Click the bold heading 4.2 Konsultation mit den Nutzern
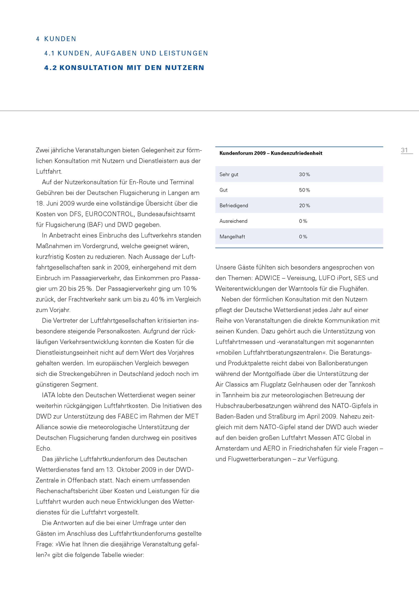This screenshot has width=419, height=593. (x=124, y=68)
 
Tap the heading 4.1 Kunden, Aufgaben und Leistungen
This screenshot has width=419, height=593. (x=126, y=53)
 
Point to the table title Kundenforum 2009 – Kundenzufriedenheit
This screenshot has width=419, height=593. (x=271, y=153)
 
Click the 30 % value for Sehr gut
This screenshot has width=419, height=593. (x=304, y=174)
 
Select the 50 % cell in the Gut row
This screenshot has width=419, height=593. (x=304, y=190)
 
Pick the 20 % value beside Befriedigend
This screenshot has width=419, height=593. (x=304, y=206)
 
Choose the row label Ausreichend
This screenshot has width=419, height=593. (x=233, y=221)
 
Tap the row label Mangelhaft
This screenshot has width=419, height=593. (x=232, y=237)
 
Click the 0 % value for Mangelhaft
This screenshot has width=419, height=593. (x=303, y=237)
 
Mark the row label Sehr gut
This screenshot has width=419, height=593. (x=229, y=174)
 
